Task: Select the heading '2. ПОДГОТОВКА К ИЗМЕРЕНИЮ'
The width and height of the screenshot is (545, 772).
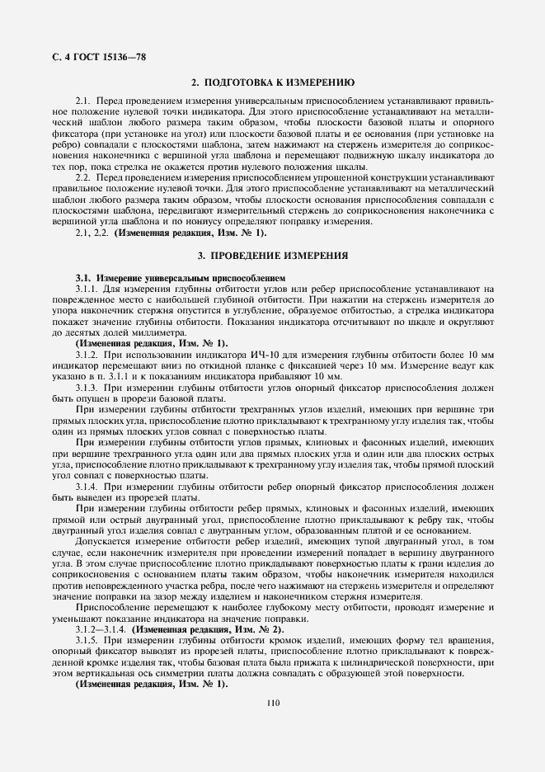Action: click(x=272, y=83)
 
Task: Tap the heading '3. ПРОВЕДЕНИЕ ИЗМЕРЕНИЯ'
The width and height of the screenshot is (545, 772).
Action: click(x=272, y=255)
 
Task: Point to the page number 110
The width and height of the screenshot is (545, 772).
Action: click(x=273, y=703)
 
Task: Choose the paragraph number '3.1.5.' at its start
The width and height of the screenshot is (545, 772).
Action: click(x=87, y=641)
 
